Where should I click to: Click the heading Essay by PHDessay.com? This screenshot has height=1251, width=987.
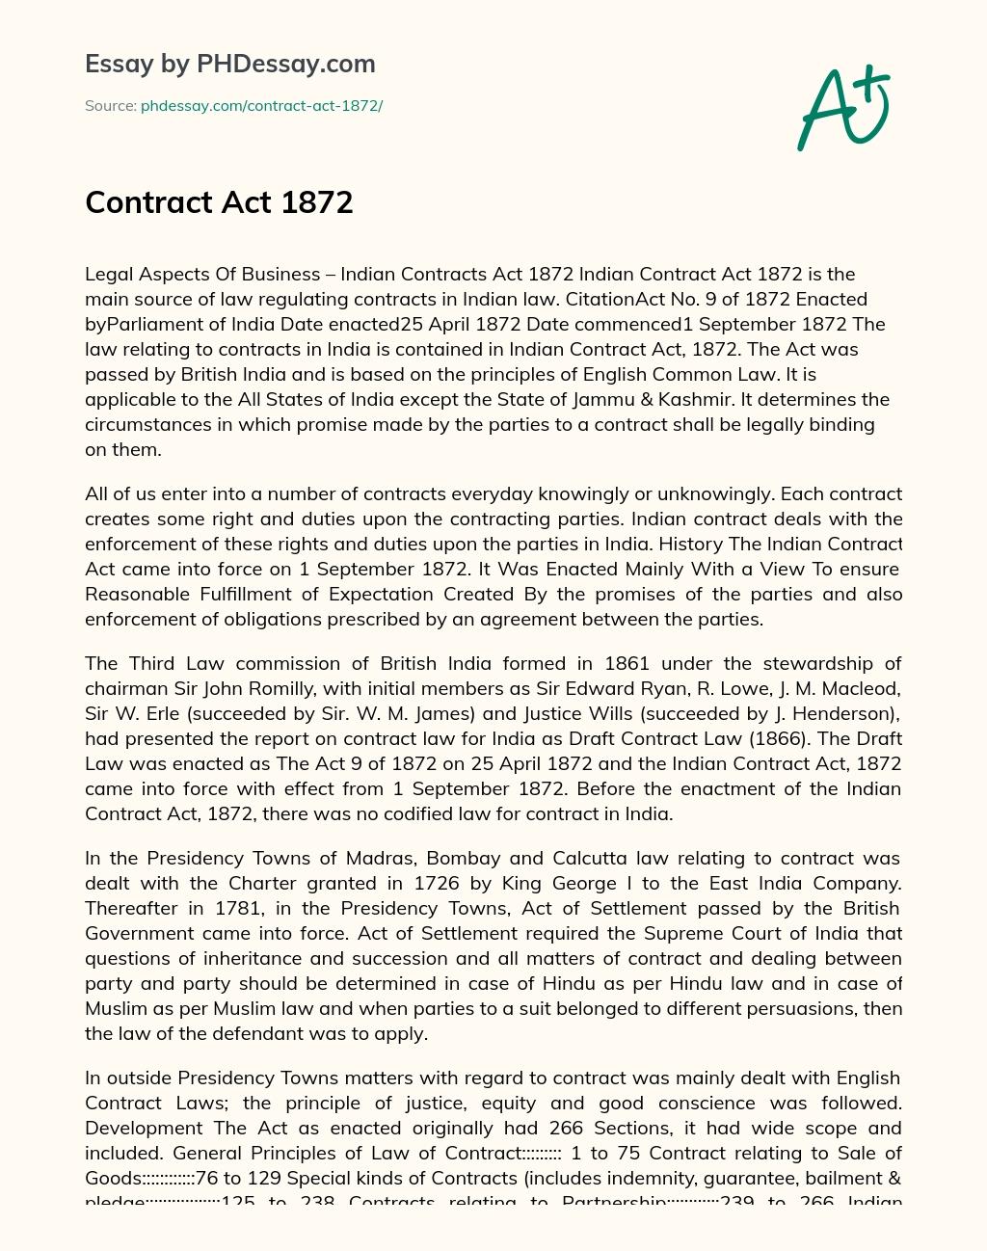229,65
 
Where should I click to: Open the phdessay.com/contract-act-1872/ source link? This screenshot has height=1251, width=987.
261,106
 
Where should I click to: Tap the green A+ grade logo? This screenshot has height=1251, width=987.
842,108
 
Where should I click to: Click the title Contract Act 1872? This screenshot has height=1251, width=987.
219,202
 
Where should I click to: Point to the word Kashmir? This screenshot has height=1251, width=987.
699,399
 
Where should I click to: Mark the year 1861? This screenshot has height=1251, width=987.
627,663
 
